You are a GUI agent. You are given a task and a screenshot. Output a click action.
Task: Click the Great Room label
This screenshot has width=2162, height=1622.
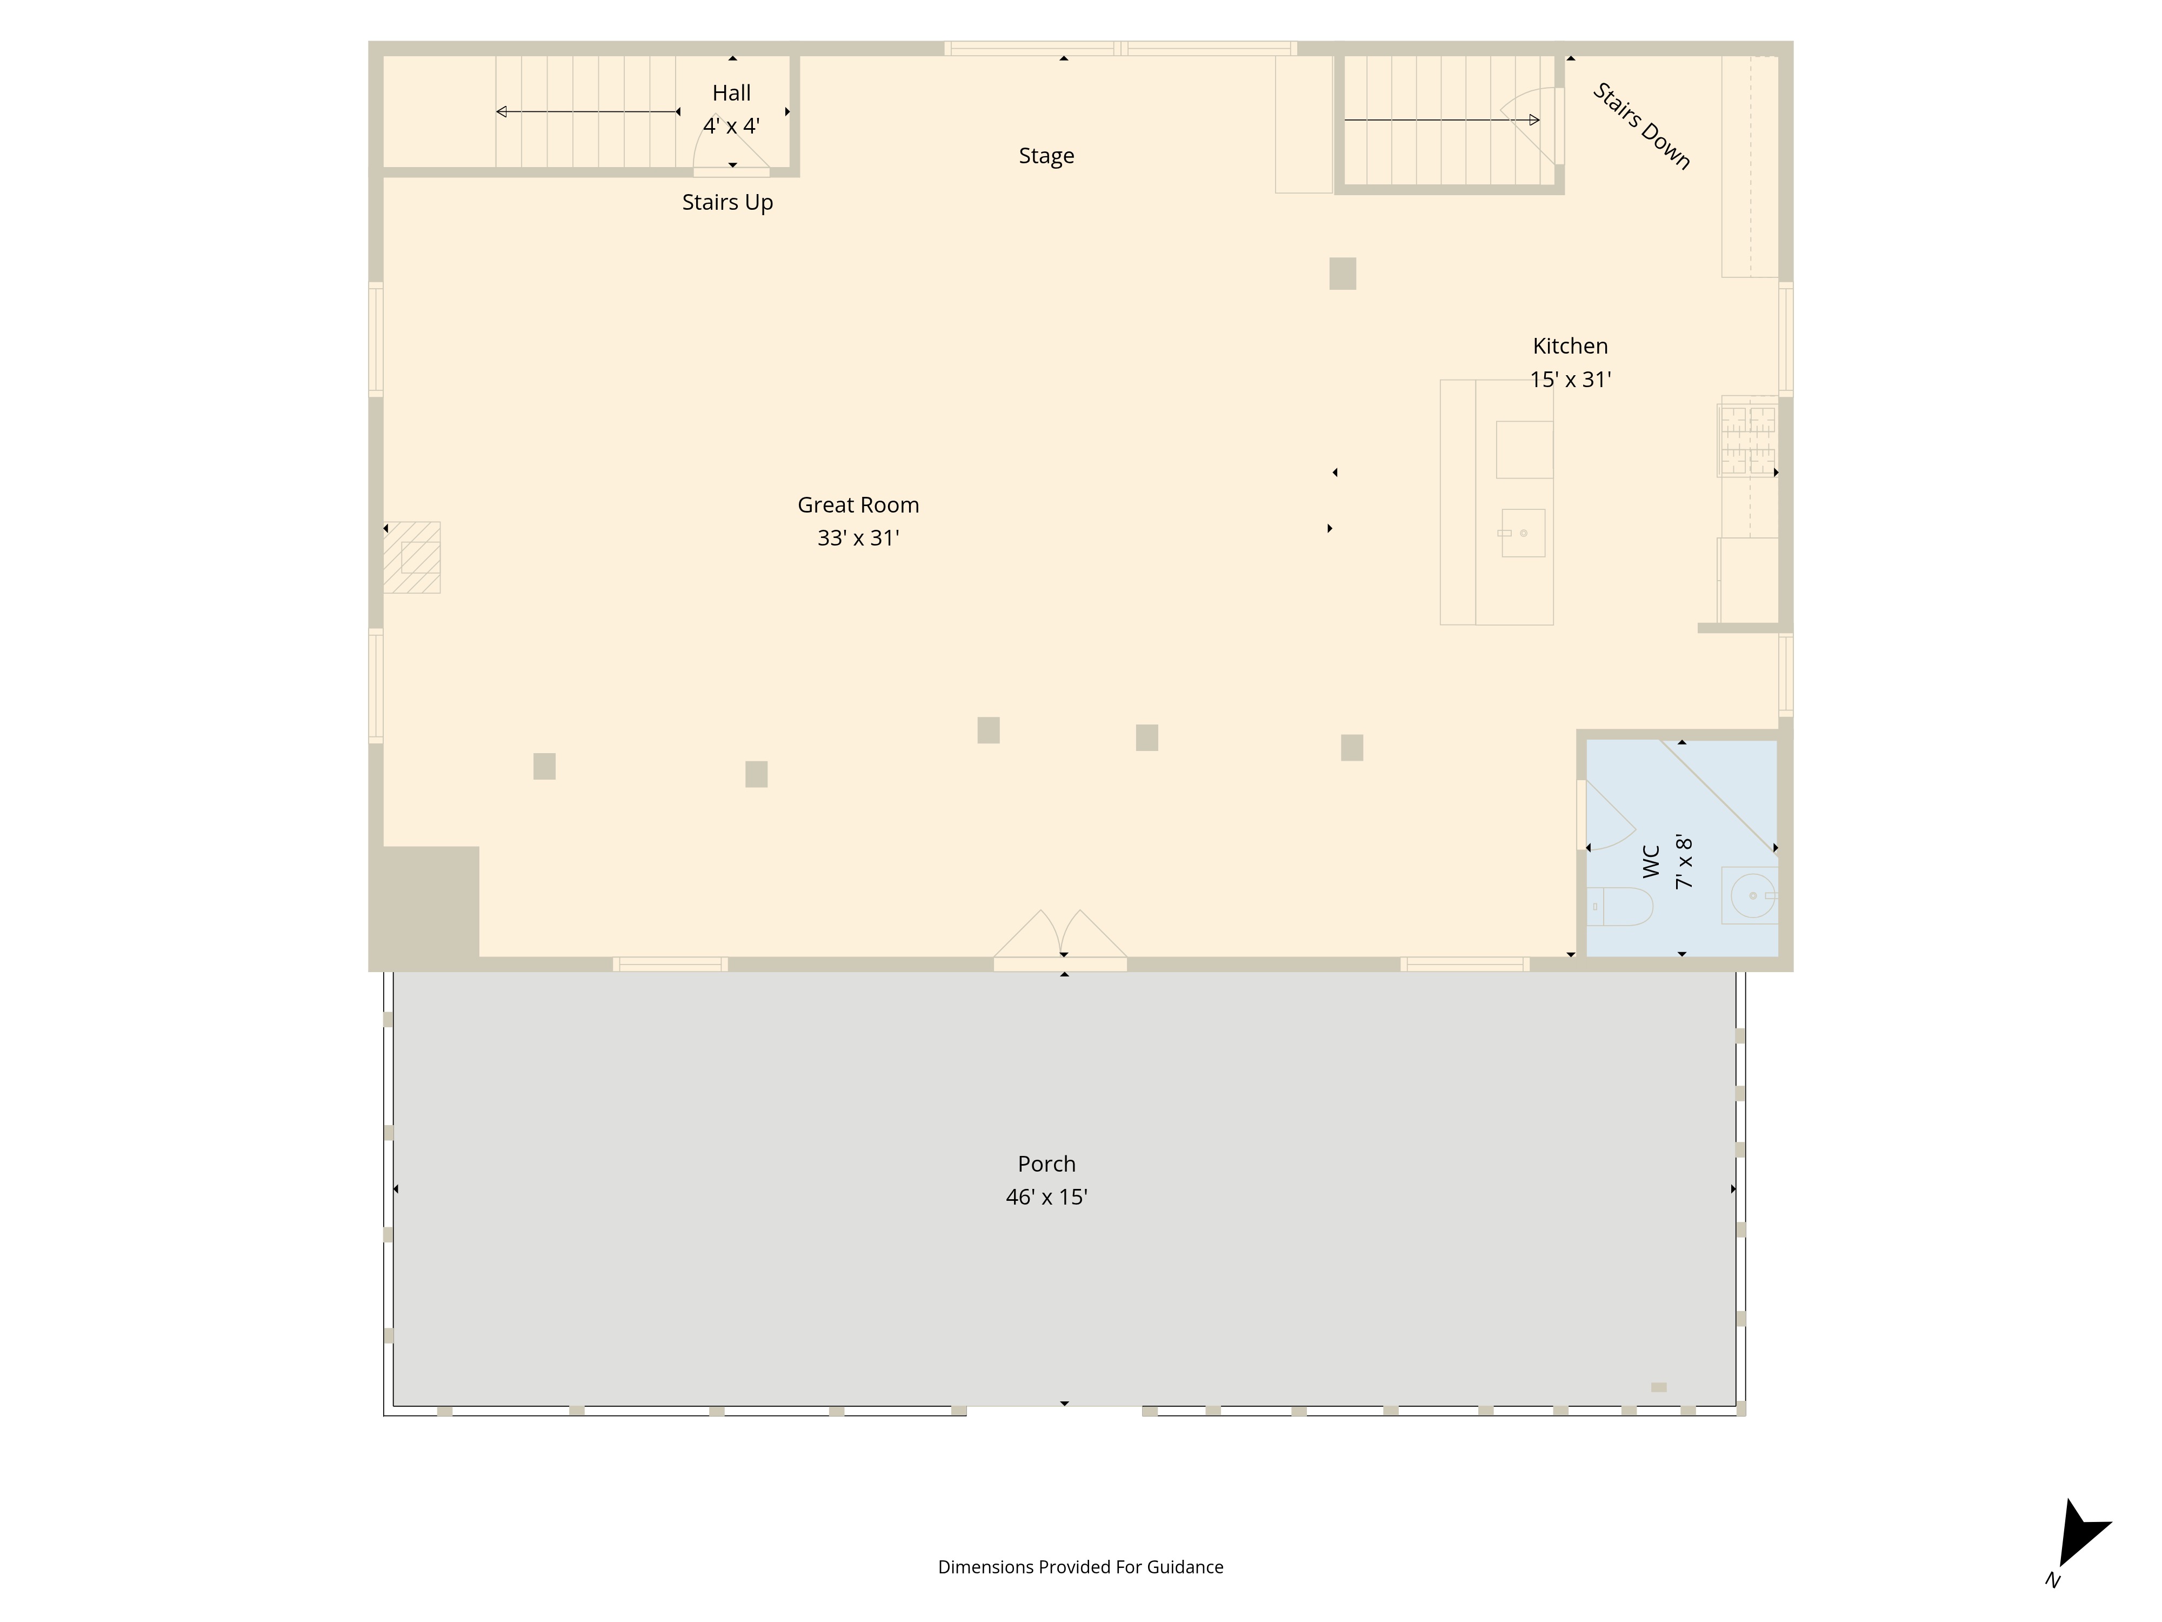pyautogui.click(x=858, y=506)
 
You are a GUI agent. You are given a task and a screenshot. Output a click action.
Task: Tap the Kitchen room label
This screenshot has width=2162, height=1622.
pyautogui.click(x=1570, y=346)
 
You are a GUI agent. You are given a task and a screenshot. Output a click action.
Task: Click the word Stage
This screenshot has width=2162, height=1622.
pyautogui.click(x=1046, y=156)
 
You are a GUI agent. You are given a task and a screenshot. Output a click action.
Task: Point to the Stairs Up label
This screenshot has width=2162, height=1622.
pyautogui.click(x=727, y=202)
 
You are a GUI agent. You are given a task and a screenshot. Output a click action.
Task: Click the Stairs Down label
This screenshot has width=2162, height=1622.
pyautogui.click(x=1642, y=126)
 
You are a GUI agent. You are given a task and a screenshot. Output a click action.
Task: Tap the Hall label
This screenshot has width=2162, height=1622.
pyautogui.click(x=731, y=93)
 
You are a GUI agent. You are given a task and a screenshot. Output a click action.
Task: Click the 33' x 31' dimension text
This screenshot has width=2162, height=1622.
pyautogui.click(x=858, y=538)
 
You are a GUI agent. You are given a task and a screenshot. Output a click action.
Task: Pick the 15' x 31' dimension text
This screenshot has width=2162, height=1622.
pyautogui.click(x=1570, y=380)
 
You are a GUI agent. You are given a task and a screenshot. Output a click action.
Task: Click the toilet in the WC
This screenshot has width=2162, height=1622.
pyautogui.click(x=1619, y=906)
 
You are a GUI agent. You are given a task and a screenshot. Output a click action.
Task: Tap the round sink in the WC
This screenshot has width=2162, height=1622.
pyautogui.click(x=1752, y=895)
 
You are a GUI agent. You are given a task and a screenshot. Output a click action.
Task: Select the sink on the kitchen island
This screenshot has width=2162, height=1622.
pyautogui.click(x=1523, y=533)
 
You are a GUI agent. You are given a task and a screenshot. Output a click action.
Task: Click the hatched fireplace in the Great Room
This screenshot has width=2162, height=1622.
pyautogui.click(x=411, y=557)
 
